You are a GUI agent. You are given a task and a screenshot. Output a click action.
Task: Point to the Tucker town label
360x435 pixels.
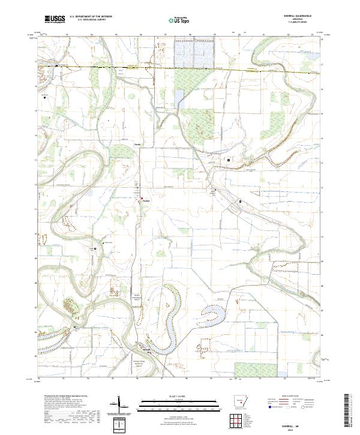point(146,200)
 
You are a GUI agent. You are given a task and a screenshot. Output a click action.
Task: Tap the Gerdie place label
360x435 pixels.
point(137,144)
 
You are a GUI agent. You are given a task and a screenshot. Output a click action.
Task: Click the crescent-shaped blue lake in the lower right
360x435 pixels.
point(215,313)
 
